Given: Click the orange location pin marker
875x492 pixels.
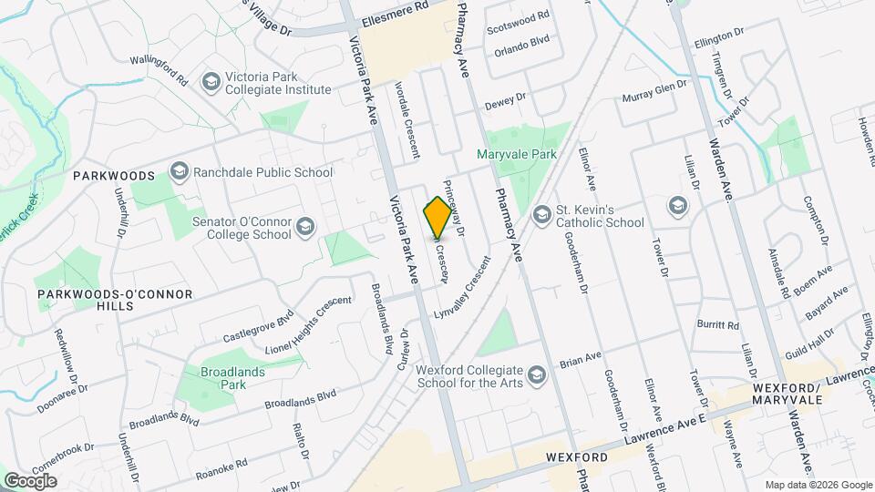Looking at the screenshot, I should [x=437, y=218].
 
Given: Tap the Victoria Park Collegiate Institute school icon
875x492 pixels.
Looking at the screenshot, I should [x=211, y=83].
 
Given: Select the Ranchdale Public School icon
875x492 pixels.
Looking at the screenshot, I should [x=179, y=171].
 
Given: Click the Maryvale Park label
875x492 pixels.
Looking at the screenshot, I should [x=517, y=155].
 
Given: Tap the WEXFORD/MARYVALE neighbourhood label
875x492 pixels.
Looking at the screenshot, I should [x=787, y=394].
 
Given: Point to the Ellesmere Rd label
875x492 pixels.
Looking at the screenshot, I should [x=395, y=5].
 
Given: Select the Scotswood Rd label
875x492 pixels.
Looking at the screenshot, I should [x=519, y=16].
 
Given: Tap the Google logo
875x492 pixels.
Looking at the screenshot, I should [x=30, y=480].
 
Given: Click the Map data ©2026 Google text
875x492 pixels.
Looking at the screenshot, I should [x=818, y=485].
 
